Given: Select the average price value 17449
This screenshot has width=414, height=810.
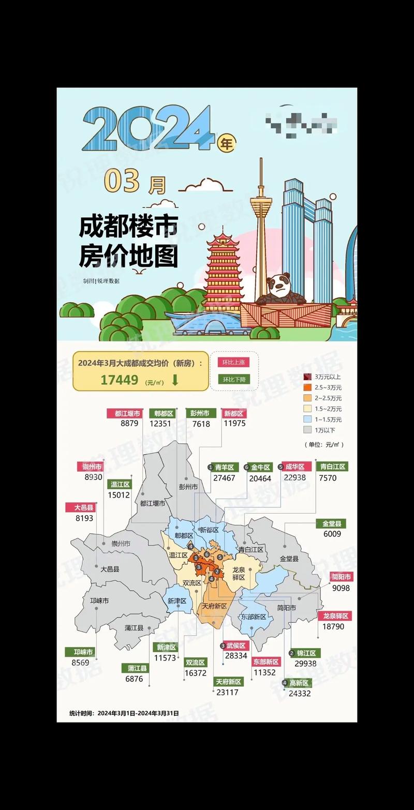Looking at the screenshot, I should (x=120, y=380).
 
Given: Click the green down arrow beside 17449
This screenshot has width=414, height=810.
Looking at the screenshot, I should (x=175, y=380).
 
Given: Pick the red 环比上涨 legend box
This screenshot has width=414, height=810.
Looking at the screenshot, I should (x=233, y=363).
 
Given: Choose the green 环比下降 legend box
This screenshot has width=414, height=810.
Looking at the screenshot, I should (x=233, y=379).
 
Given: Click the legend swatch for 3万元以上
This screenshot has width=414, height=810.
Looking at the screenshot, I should (x=307, y=377).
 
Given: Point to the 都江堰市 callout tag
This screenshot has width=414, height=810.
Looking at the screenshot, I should (x=124, y=413).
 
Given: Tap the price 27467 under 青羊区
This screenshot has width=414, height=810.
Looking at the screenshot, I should (x=224, y=478).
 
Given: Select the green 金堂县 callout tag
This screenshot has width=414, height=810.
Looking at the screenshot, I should (x=331, y=523).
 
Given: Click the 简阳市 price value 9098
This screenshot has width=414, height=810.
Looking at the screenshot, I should (x=341, y=588).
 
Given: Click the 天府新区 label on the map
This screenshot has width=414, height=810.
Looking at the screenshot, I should (x=214, y=606).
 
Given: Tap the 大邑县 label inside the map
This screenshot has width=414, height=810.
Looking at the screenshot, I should (x=110, y=569).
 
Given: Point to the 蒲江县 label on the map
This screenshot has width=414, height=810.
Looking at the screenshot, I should (x=134, y=627).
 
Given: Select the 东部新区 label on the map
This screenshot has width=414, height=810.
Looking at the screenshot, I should (x=254, y=617).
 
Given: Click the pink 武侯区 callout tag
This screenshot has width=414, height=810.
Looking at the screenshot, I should (x=235, y=646).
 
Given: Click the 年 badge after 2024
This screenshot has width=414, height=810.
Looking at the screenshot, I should (x=227, y=142).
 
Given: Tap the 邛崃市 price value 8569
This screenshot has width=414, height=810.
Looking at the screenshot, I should (x=80, y=663).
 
